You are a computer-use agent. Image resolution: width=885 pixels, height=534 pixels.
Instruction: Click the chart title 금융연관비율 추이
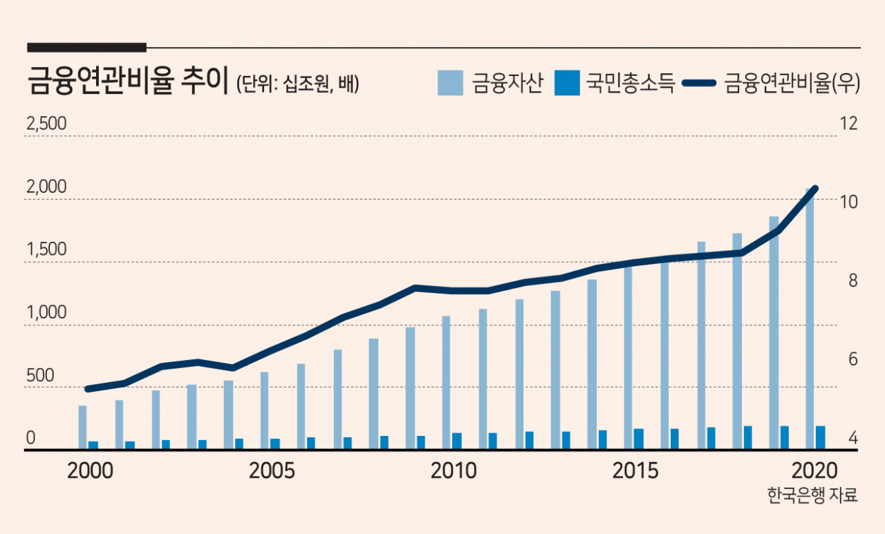(x=128, y=82)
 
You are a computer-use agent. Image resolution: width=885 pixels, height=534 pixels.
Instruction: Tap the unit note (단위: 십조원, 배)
(x=297, y=84)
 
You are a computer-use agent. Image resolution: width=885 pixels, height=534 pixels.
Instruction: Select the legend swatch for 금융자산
(x=450, y=83)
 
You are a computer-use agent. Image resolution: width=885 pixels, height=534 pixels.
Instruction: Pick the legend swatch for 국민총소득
(x=567, y=83)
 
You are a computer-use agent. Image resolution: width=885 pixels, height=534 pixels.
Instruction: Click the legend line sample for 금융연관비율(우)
(x=699, y=83)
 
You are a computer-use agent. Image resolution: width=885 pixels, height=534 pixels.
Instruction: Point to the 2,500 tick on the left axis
(x=46, y=124)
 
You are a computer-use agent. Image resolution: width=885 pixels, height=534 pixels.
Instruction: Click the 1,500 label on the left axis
(x=46, y=249)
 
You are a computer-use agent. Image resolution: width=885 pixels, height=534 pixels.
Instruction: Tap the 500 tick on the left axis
(x=40, y=376)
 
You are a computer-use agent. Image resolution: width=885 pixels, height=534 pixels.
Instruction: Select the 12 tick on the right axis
(x=848, y=124)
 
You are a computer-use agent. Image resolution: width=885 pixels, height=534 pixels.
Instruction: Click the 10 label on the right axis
(x=848, y=202)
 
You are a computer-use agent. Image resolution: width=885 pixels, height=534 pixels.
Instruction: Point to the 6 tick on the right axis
(x=853, y=359)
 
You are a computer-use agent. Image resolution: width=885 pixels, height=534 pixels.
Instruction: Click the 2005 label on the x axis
(x=272, y=471)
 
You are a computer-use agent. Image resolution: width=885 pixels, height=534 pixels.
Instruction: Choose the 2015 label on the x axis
(x=635, y=471)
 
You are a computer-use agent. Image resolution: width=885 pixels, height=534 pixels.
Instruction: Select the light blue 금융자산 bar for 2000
(x=82, y=428)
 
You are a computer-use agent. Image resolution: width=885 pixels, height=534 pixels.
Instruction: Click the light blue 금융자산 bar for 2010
(x=446, y=383)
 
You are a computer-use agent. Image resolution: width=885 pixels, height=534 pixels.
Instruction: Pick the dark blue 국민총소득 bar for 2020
(x=820, y=438)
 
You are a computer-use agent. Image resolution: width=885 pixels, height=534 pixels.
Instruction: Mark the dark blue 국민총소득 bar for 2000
(x=93, y=445)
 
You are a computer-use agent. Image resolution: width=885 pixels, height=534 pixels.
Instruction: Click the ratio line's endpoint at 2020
(x=814, y=189)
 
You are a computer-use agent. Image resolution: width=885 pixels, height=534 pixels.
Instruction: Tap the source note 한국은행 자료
(x=812, y=495)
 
